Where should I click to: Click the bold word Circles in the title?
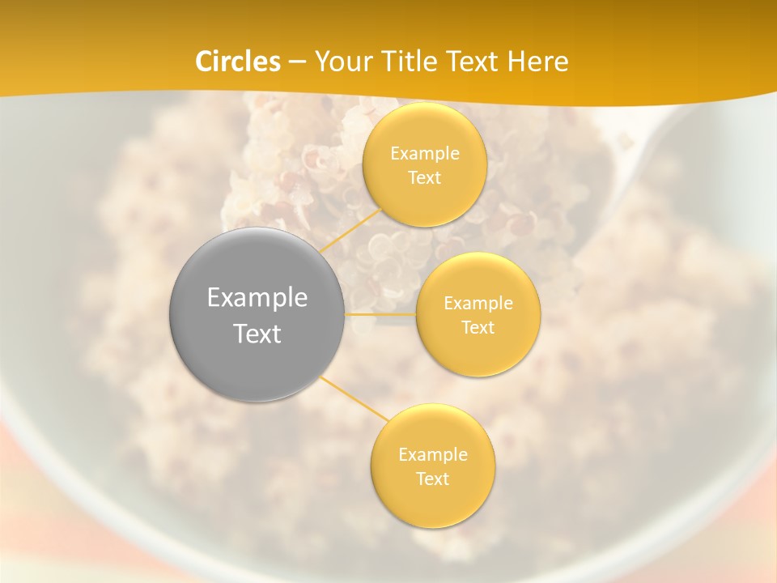238,62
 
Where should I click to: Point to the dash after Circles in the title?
296,62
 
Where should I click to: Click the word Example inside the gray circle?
257,298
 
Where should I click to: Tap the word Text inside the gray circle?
257,334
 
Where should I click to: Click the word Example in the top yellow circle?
425,154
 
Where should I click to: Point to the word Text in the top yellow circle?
425,178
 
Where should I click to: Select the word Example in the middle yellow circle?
478,304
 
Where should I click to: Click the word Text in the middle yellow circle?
478,328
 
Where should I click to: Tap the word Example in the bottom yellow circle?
432,455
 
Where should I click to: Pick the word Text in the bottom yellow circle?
432,479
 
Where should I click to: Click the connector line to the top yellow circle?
352,229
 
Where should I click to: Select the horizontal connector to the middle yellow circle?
380,314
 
